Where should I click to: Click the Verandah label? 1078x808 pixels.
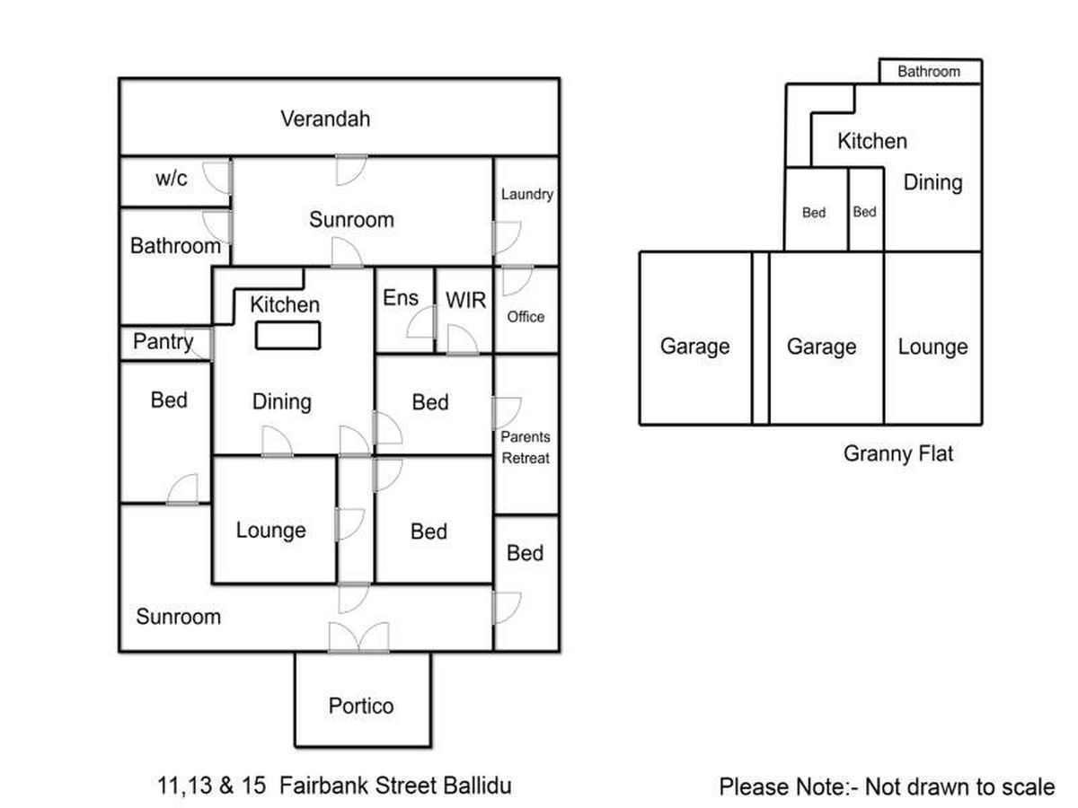coord(325,119)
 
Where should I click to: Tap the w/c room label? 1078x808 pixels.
coord(172,178)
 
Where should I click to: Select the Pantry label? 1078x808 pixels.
coord(163,342)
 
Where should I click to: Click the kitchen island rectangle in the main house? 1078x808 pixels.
coord(287,335)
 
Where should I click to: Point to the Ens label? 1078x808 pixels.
coord(400,297)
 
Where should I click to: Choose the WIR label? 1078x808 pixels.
coord(465,300)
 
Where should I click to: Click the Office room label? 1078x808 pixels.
coord(526,317)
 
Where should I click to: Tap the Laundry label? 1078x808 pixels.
coord(526,194)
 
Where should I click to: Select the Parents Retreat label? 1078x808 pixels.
coord(526,447)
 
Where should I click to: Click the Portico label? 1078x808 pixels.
coord(361,706)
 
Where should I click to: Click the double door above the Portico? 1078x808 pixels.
coord(359,637)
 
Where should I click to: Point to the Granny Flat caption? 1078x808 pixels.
coord(897,453)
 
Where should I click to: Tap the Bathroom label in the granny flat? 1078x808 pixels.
coord(929,72)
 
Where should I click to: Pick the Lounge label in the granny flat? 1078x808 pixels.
coord(932,347)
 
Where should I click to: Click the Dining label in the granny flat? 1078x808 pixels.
coord(932,182)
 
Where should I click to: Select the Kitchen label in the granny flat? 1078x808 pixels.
coord(871,141)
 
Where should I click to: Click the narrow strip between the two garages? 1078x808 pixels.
coord(760,338)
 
